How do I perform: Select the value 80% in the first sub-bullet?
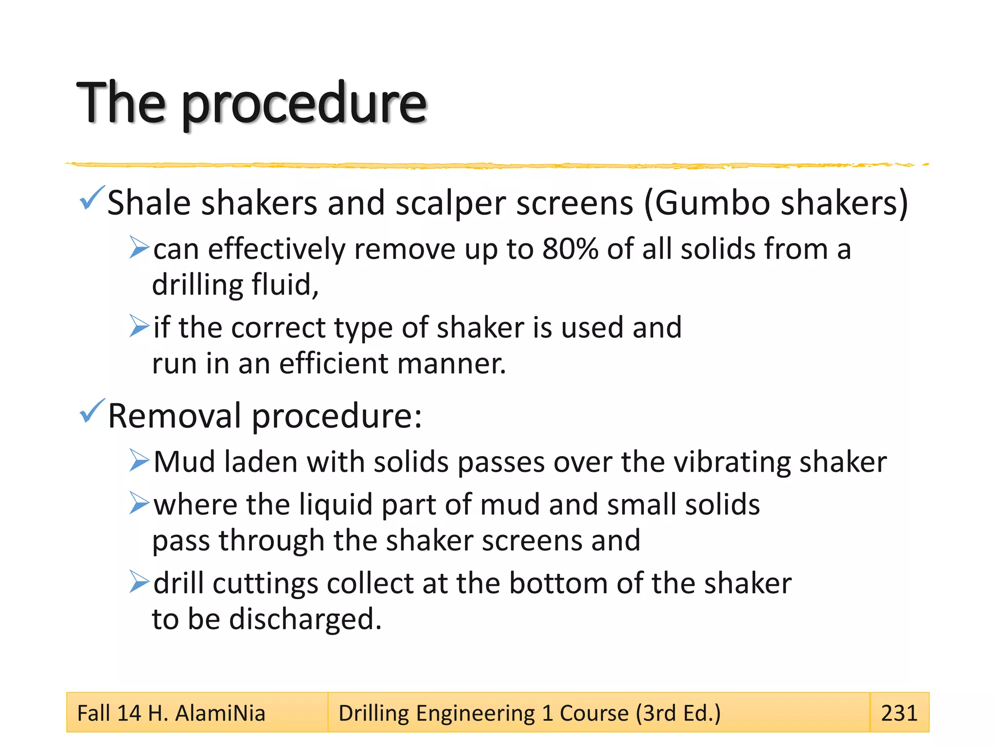570,249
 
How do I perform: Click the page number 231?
899,713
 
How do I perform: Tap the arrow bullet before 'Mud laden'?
139,461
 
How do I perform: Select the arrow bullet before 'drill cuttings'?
139,582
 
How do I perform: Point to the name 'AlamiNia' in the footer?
220,713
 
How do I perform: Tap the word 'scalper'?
450,203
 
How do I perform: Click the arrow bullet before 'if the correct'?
139,326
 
